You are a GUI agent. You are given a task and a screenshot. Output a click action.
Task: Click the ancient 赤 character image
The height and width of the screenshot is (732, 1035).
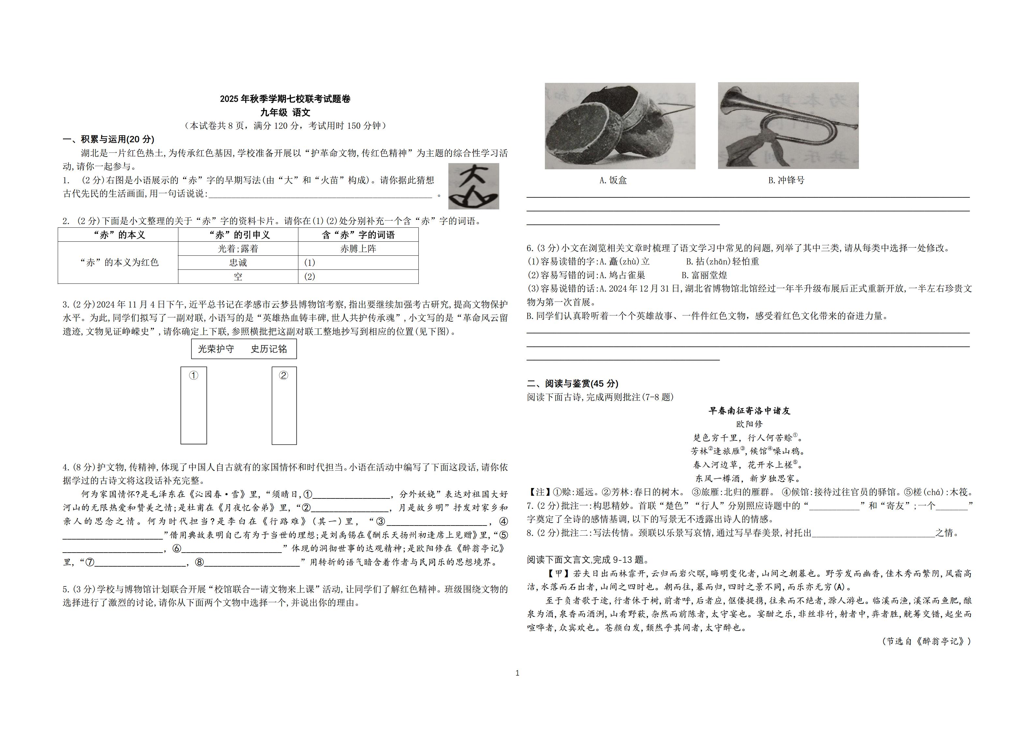point(473,186)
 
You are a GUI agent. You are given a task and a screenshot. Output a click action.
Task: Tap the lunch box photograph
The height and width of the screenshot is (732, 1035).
point(620,126)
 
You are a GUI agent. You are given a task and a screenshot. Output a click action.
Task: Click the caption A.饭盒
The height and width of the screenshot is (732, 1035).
point(613,180)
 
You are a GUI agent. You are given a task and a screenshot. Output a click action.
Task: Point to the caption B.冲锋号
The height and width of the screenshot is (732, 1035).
point(786,180)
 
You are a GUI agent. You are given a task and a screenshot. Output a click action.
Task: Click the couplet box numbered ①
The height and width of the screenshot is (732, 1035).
point(194,405)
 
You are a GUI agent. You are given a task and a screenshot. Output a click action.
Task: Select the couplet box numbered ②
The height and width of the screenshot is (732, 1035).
point(284,405)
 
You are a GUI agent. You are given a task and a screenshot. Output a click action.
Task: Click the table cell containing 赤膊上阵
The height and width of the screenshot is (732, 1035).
point(358,249)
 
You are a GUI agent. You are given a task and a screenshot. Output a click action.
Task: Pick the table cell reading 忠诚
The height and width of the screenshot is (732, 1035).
point(238,263)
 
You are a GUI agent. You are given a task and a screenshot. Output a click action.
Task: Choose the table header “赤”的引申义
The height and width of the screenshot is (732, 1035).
point(238,235)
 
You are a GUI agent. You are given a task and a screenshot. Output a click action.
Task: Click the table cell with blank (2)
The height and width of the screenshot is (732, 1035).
point(358,277)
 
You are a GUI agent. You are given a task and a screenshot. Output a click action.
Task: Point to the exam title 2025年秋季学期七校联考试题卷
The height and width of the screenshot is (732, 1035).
point(285,99)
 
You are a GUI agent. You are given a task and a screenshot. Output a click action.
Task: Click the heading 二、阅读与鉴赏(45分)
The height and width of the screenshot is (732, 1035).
point(573,383)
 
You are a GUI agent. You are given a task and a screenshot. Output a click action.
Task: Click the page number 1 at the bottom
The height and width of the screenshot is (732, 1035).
point(517,673)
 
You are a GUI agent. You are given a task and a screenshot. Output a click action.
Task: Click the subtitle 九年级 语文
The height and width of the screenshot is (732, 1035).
point(285,112)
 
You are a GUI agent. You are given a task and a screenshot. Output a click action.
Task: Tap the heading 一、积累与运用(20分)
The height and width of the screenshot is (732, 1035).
point(109,139)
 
